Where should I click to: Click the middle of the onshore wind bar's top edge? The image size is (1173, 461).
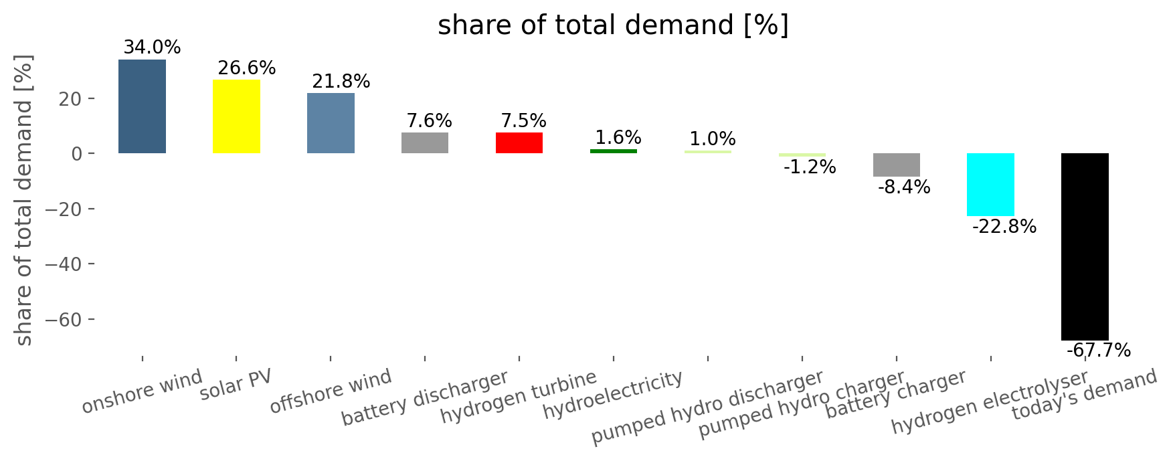(142, 60)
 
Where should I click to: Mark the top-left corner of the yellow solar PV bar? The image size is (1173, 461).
(213, 80)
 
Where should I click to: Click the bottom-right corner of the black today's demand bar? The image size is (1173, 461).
(1109, 341)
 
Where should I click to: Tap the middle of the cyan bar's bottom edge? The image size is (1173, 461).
(990, 216)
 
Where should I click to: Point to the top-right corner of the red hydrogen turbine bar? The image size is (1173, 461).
(543, 132)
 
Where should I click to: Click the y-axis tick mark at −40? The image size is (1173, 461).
(91, 264)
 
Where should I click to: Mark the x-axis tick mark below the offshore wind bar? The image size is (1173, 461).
(331, 359)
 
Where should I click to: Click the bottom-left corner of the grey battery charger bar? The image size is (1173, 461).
(873, 177)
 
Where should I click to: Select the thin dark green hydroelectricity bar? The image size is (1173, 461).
(614, 151)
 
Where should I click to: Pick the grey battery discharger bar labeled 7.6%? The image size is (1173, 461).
(425, 143)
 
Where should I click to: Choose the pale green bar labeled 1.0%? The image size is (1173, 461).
(708, 152)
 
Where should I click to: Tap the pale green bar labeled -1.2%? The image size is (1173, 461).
(802, 155)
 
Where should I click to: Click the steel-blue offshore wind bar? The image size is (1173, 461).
(331, 123)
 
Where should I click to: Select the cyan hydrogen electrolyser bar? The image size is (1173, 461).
(990, 185)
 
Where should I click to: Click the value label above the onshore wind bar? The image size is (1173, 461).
(152, 48)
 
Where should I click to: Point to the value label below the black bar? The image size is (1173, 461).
(1099, 351)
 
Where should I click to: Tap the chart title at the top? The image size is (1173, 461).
(614, 25)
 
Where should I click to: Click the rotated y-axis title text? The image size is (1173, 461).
(24, 199)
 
